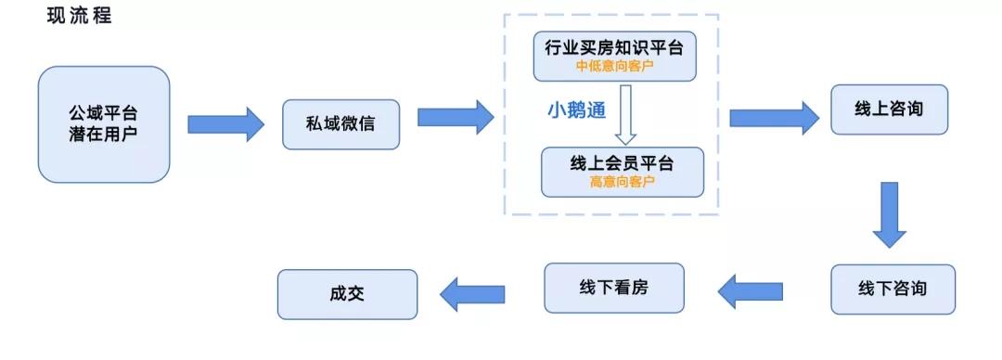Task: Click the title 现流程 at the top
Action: coord(79,16)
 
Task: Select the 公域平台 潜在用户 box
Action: coord(103,123)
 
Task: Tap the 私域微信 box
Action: coord(340,123)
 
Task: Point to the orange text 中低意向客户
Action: coord(613,66)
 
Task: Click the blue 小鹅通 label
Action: coord(575,109)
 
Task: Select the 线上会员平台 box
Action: coord(622,171)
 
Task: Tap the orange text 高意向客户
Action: coord(622,182)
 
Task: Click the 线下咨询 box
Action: coord(892,289)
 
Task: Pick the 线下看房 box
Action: coord(613,288)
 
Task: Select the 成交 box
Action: coord(347,295)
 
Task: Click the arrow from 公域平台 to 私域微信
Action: coord(225,123)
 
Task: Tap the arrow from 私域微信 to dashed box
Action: coord(455,117)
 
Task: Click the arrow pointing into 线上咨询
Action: coord(774,118)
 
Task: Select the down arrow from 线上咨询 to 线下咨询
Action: coord(889,213)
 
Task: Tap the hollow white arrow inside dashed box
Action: coord(625,114)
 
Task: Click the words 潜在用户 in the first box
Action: coord(103,134)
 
